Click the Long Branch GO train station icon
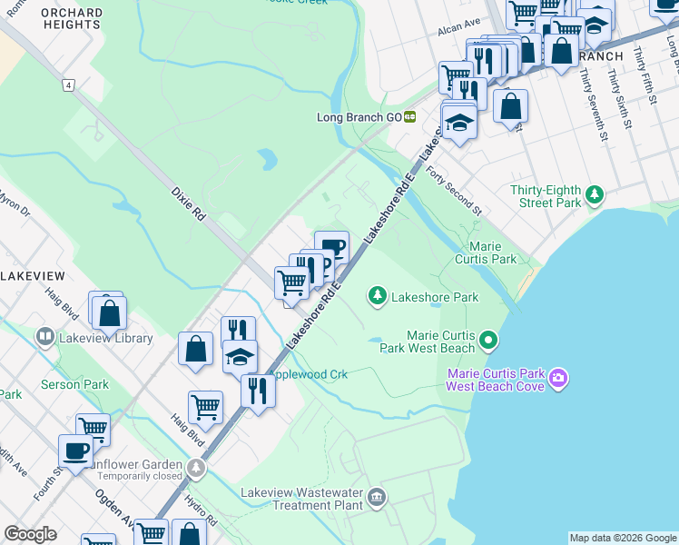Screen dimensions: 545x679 (410, 116)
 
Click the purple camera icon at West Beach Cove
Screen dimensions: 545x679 (557, 377)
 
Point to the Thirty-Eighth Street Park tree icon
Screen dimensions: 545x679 (594, 193)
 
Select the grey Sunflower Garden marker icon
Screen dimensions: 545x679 (196, 469)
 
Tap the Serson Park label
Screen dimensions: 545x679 (74, 384)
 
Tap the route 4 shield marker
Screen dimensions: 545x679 (67, 84)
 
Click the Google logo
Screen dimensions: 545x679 (31, 534)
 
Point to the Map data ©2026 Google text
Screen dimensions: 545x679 (622, 538)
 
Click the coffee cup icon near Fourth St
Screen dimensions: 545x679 (75, 450)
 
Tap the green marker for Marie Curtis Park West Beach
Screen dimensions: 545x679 (489, 342)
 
